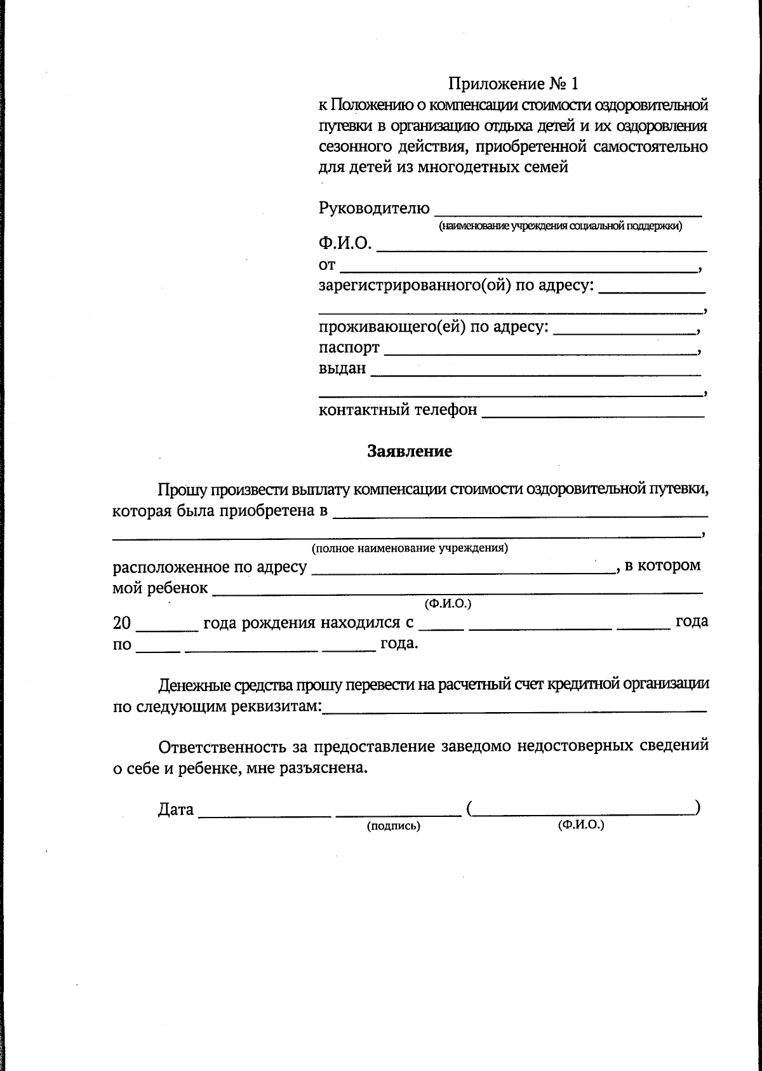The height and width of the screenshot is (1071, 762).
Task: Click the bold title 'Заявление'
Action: tap(410, 451)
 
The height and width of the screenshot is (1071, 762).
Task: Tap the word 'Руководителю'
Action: tap(374, 208)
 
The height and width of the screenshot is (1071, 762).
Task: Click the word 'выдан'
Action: tap(342, 368)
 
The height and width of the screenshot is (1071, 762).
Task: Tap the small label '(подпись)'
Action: tap(394, 826)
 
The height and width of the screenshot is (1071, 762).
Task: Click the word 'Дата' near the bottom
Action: tap(175, 810)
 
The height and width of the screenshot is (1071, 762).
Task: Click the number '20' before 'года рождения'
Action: tap(122, 623)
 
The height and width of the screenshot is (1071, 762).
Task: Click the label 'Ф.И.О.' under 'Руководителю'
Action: tap(345, 243)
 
